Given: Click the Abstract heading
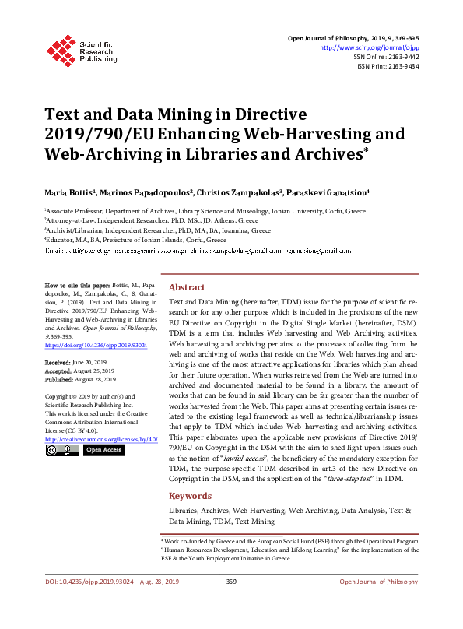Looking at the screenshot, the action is click(x=187, y=287).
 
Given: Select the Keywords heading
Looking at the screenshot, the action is click(x=190, y=496).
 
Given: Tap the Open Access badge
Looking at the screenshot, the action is click(x=103, y=450).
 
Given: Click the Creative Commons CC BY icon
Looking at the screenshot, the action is click(x=62, y=450).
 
